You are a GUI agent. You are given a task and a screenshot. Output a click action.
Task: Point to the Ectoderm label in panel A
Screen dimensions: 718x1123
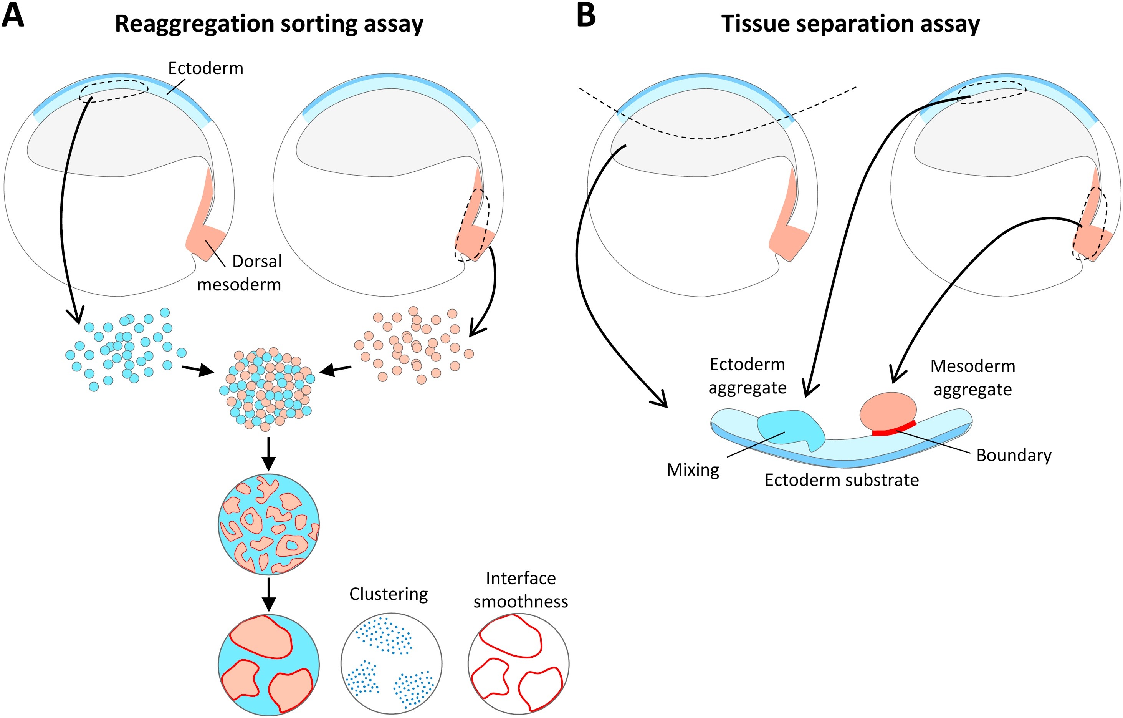pyautogui.click(x=206, y=69)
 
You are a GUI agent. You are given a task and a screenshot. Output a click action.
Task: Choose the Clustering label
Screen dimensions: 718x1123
pyautogui.click(x=389, y=594)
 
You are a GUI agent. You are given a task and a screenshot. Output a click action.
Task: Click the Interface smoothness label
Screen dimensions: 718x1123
pyautogui.click(x=521, y=590)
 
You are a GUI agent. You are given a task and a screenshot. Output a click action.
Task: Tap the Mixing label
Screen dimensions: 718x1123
pyautogui.click(x=693, y=469)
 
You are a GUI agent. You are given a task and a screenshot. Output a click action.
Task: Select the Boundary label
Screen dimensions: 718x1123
pyautogui.click(x=1014, y=455)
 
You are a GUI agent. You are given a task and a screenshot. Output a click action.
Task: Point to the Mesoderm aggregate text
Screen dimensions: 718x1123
pyautogui.click(x=972, y=377)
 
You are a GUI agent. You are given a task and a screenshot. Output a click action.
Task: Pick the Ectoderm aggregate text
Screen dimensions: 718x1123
pyautogui.click(x=747, y=376)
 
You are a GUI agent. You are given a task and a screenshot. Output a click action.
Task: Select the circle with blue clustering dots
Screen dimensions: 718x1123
pyautogui.click(x=391, y=663)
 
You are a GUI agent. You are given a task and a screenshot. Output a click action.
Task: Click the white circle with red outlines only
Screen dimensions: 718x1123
pyautogui.click(x=518, y=663)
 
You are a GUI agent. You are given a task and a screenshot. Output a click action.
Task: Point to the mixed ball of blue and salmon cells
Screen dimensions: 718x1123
pyautogui.click(x=268, y=388)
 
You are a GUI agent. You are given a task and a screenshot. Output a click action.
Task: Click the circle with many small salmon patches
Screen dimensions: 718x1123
pyautogui.click(x=269, y=524)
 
